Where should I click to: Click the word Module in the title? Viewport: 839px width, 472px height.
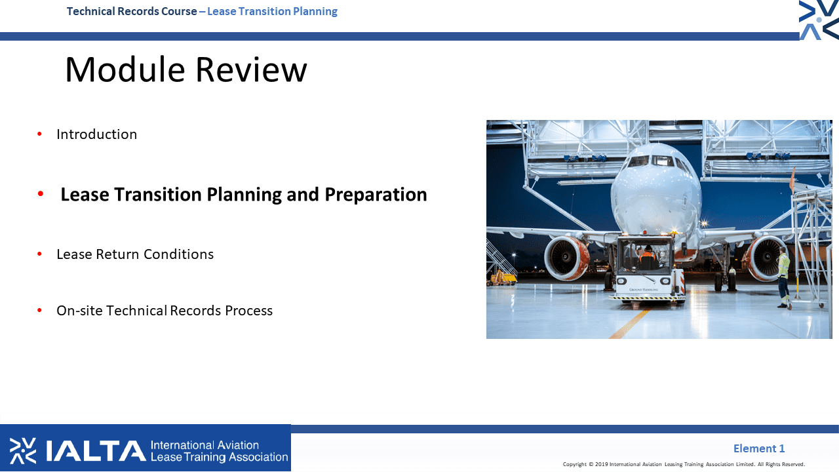tap(125, 69)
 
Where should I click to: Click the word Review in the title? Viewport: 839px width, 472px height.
tap(251, 69)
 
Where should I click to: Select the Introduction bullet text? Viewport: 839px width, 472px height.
tap(96, 134)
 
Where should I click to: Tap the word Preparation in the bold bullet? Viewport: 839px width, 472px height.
tap(376, 195)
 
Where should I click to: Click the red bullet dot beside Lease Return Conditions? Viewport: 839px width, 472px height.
tap(40, 254)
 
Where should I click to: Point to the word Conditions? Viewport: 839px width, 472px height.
tap(179, 254)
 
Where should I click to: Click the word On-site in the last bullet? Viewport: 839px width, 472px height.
tap(79, 311)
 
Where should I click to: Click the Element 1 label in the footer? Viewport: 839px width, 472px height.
tap(759, 448)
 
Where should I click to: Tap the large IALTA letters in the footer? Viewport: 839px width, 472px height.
tap(96, 450)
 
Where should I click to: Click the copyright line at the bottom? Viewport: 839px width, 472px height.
tap(684, 464)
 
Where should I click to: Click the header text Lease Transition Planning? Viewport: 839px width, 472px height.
tap(272, 11)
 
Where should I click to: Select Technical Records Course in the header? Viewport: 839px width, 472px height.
tap(132, 11)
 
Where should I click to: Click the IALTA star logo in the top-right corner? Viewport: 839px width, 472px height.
tap(819, 20)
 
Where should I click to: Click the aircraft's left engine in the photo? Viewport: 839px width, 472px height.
tap(566, 258)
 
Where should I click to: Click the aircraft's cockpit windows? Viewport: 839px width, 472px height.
tap(657, 162)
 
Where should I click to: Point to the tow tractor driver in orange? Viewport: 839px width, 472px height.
tap(648, 256)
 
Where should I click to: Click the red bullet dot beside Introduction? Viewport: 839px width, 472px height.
tap(40, 134)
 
